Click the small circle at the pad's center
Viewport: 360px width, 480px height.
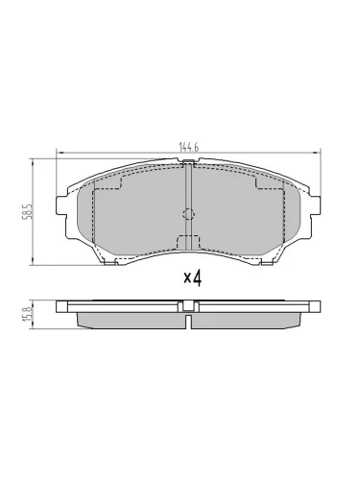(x=189, y=214)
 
